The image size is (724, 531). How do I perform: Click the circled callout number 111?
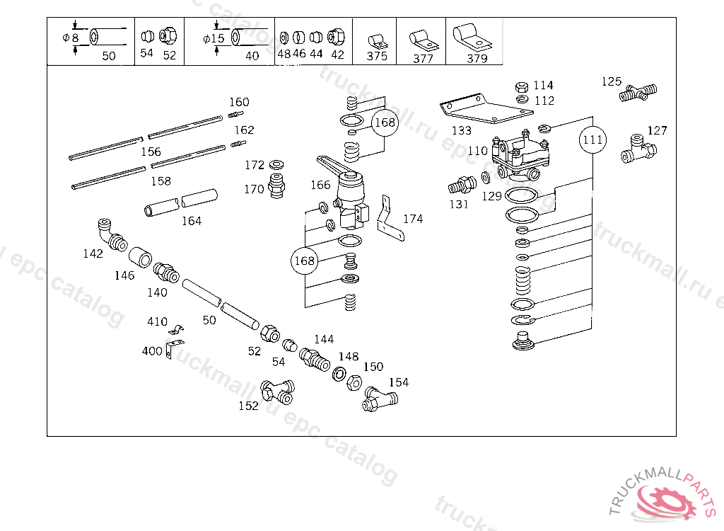[x=593, y=139]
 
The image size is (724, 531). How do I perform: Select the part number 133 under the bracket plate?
[x=461, y=130]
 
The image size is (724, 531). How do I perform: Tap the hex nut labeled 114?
[x=522, y=86]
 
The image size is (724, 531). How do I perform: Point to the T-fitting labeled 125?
[x=638, y=93]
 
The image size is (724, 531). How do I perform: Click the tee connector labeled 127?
[x=638, y=149]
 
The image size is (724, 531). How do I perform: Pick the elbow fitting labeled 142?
[x=111, y=235]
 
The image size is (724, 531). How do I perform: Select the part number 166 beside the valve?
[x=320, y=185]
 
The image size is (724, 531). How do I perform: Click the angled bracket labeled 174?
[x=390, y=218]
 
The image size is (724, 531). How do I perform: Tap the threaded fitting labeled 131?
[x=462, y=185]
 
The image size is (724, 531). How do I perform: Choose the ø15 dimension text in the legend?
[x=214, y=38]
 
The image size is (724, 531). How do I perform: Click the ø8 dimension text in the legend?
[x=71, y=38]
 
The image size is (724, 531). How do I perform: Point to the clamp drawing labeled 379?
[x=472, y=37]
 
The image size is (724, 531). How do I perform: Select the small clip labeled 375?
[x=378, y=42]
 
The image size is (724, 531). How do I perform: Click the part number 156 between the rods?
[x=151, y=152]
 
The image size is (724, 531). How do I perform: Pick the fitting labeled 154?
[x=380, y=399]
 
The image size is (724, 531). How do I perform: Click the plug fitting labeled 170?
[x=276, y=186]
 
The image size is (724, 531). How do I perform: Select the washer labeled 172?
[x=276, y=164]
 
